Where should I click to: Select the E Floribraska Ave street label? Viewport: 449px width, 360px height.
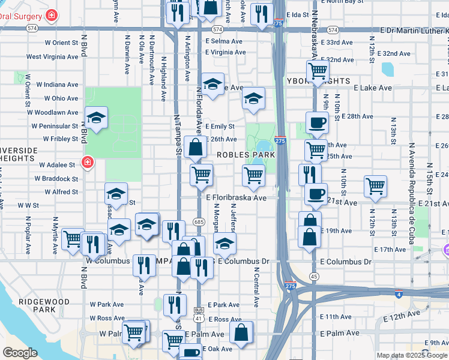[236, 197]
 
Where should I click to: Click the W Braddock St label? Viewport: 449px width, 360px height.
[56, 179]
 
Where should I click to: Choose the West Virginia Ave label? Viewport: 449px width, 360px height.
[52, 57]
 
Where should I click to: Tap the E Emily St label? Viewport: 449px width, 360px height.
[219, 127]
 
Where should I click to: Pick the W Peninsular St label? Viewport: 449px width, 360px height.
[55, 127]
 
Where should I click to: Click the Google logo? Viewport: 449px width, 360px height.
[20, 353]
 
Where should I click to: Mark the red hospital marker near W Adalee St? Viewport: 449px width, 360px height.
[88, 163]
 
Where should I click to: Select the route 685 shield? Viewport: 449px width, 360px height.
[199, 222]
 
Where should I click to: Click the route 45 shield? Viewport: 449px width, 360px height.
[314, 276]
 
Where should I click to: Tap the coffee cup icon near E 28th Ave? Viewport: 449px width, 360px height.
[318, 123]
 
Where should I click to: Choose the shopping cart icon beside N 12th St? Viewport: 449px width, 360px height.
[376, 186]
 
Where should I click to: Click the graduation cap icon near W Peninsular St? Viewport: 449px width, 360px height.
[97, 118]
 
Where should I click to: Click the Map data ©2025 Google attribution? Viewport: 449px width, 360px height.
[412, 355]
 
